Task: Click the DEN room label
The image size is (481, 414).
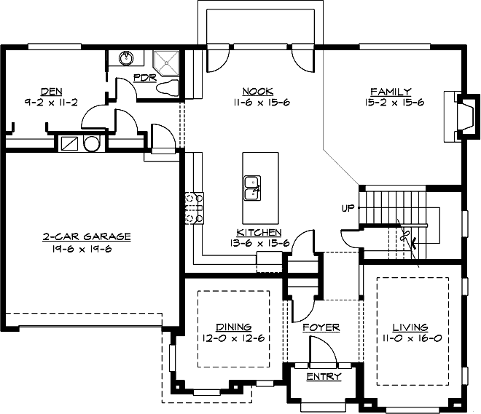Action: tap(52, 91)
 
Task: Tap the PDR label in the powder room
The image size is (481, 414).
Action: tap(145, 77)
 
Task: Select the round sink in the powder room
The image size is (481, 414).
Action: tap(126, 58)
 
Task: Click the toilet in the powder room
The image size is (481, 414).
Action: tap(168, 87)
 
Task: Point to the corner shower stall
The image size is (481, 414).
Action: tap(166, 63)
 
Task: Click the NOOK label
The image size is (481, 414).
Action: tap(258, 91)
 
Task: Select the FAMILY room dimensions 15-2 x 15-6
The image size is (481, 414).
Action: tap(394, 102)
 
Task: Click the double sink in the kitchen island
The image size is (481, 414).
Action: tap(252, 188)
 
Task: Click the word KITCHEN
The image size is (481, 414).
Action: tap(259, 232)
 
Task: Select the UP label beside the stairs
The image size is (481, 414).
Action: tap(348, 208)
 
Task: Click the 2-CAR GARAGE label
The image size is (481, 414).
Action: tap(87, 236)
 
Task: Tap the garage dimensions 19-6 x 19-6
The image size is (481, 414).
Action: tap(82, 249)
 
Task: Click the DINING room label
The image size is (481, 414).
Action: tap(234, 327)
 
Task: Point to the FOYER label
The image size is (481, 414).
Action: tap(321, 327)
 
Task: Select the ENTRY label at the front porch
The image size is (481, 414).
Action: tap(324, 376)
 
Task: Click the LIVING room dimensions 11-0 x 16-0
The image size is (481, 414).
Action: tap(412, 338)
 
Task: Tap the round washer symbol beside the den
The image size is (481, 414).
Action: tap(91, 143)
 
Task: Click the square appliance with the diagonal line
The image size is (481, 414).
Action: tap(69, 143)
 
